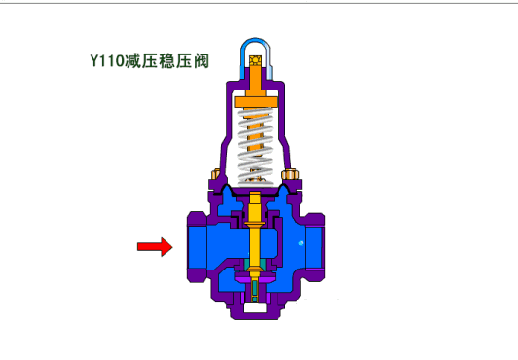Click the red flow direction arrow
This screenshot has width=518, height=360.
pos(155,246)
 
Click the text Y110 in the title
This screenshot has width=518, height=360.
pos(107,61)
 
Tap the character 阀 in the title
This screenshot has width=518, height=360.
pos(202,61)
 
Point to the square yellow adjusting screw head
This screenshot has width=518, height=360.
pos(255,60)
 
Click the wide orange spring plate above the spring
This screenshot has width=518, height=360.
pos(255,102)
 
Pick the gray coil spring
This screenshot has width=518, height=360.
pos(255,145)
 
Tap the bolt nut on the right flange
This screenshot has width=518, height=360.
pos(290,174)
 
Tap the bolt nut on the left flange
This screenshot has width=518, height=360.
pos(216,173)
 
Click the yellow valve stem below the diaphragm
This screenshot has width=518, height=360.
pos(255,231)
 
